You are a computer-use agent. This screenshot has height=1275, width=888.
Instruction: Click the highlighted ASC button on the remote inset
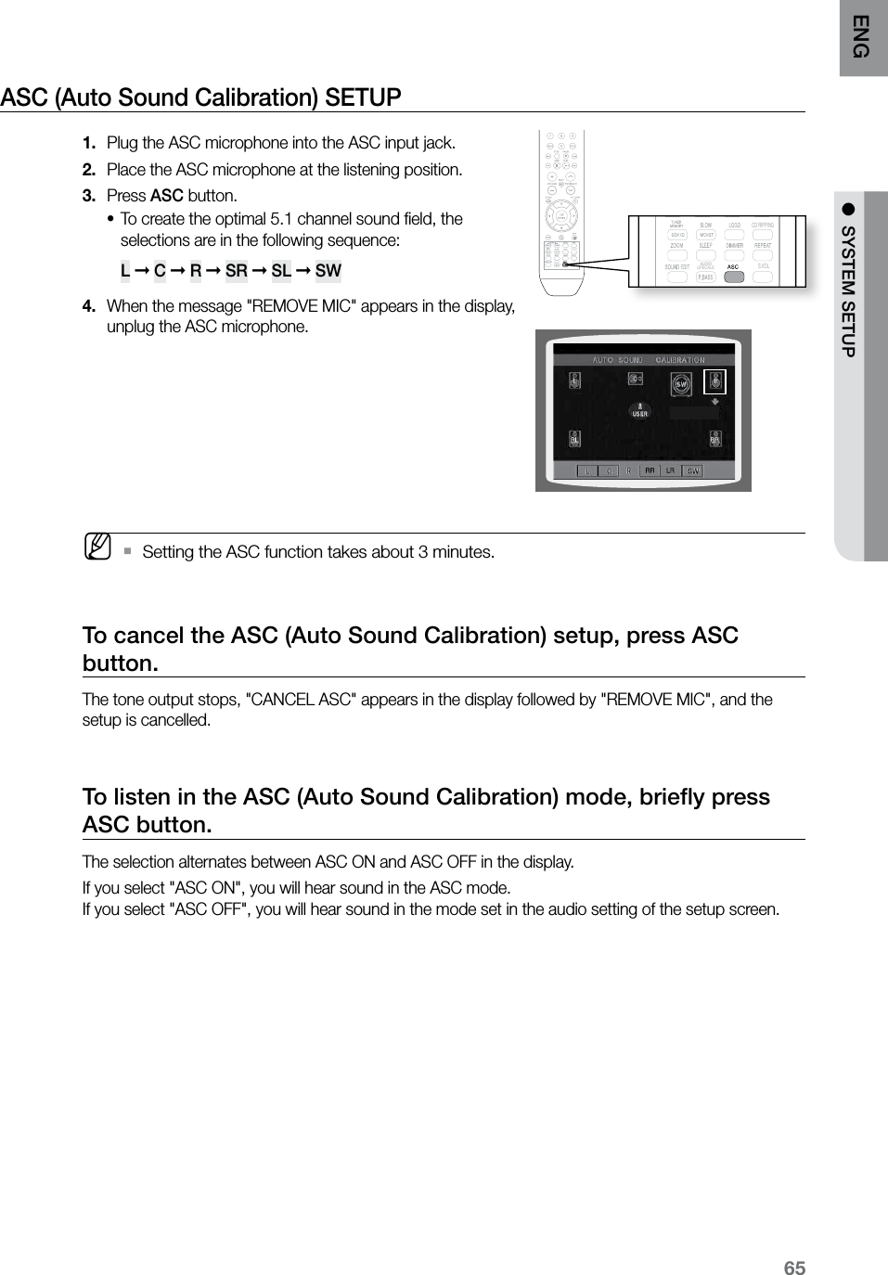[733, 277]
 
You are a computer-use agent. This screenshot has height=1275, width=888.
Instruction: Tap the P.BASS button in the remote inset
[705, 277]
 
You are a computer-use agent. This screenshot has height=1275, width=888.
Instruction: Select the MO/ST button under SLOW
[706, 236]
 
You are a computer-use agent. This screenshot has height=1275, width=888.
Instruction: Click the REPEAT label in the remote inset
[763, 246]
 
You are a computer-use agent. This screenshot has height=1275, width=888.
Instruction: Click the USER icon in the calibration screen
[639, 410]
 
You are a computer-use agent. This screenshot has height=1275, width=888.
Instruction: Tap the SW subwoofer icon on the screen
[680, 383]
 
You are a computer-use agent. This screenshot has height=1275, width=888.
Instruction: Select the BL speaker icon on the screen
[574, 438]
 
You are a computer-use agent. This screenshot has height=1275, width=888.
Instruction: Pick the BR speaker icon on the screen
[714, 438]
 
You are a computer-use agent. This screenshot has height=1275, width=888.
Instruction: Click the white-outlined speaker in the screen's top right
[714, 381]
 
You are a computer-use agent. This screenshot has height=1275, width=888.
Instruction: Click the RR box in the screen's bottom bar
[650, 470]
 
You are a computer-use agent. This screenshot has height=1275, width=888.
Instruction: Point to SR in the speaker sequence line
[237, 271]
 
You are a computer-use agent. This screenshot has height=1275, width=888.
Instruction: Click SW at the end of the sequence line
[328, 271]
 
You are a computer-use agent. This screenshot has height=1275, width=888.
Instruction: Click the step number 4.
[87, 306]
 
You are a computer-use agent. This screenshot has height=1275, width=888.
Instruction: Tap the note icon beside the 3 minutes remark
[97, 547]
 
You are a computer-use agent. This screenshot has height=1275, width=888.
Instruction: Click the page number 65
[794, 1269]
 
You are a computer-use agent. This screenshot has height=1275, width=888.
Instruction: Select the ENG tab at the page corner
[863, 37]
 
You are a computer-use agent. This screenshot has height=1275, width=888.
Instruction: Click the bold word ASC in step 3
[166, 196]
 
